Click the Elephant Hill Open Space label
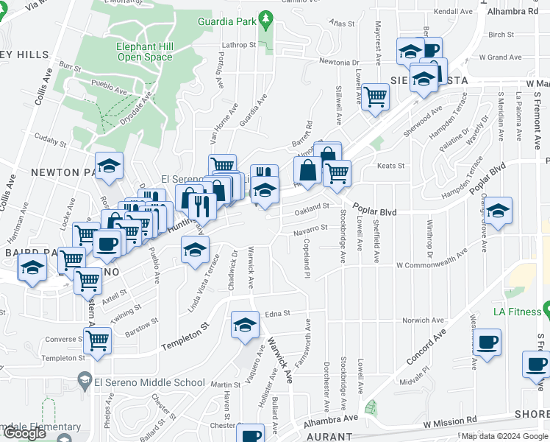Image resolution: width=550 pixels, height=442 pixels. (145, 51)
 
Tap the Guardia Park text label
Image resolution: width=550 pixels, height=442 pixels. (226, 21)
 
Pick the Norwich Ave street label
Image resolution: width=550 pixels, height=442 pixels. (421, 320)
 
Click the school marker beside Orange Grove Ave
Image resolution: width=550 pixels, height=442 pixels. (498, 211)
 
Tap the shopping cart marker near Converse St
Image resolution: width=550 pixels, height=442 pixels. (97, 340)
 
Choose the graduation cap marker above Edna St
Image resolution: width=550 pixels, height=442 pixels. (246, 324)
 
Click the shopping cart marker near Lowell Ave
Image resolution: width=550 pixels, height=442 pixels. (375, 97)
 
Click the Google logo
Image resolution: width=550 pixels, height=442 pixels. (24, 433)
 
